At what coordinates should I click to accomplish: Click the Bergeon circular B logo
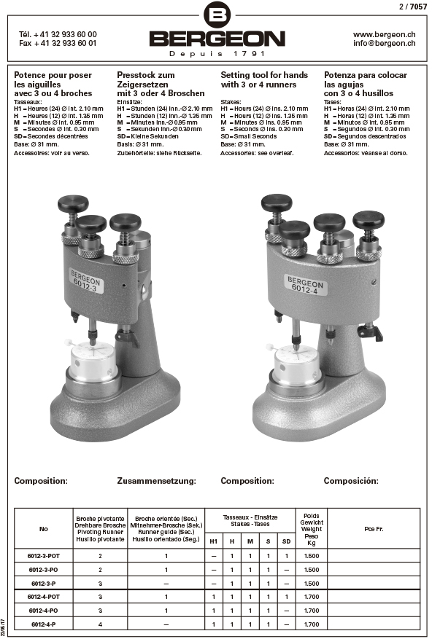tap(217, 15)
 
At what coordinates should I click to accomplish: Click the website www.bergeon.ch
tap(385, 35)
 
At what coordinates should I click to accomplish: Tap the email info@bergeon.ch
tap(385, 43)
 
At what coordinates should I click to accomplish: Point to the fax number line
tap(58, 43)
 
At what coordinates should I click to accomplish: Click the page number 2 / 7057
tap(413, 7)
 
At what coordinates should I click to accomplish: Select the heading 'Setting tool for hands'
tap(264, 75)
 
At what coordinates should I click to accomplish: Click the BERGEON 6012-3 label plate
tap(86, 280)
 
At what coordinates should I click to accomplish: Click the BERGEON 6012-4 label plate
tap(305, 284)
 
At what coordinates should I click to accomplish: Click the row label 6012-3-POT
tap(44, 556)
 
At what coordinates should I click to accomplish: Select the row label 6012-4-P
tap(44, 624)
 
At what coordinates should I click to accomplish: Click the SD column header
tap(287, 541)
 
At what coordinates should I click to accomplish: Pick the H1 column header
tap(214, 541)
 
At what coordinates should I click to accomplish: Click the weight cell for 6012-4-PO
tap(312, 611)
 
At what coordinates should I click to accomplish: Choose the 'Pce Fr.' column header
tap(374, 529)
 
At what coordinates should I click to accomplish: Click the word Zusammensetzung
tap(156, 481)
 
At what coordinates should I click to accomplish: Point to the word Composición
tap(351, 481)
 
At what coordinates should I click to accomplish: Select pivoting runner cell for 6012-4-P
tap(100, 624)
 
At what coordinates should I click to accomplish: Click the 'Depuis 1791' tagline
tap(217, 54)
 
